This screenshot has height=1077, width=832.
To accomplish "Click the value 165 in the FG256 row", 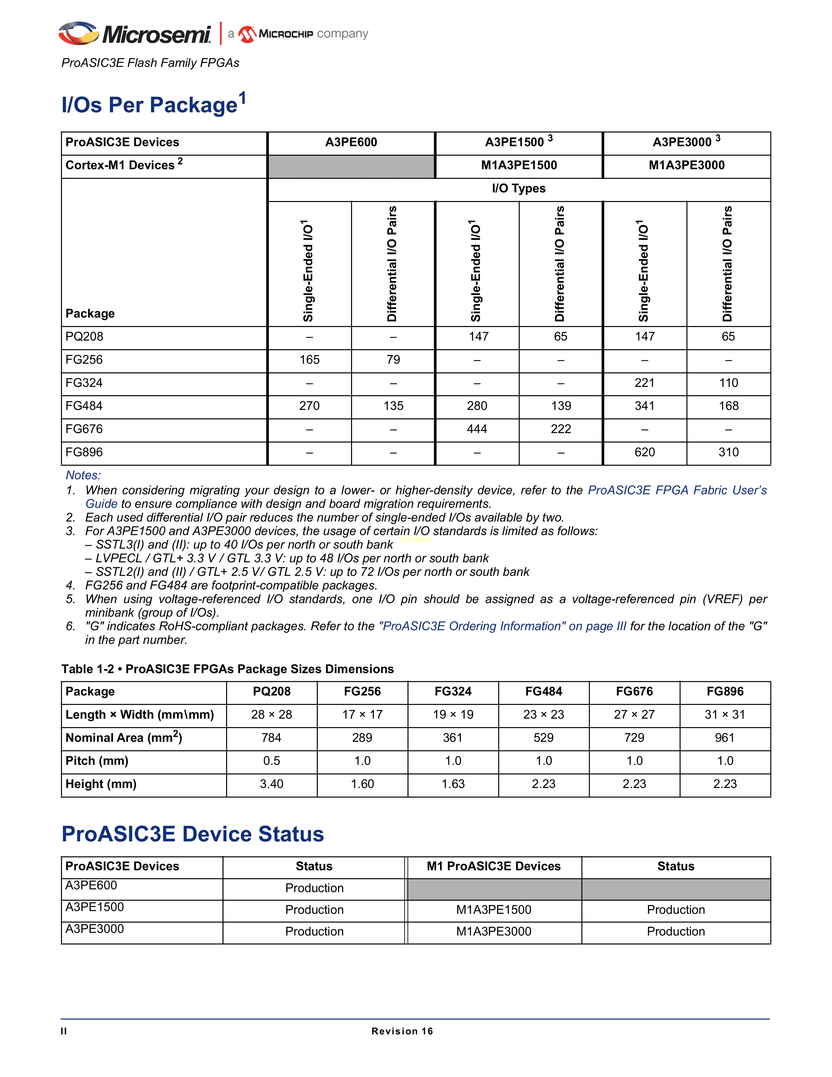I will coord(310,360).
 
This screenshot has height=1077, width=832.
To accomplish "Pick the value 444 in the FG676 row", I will coord(477,429).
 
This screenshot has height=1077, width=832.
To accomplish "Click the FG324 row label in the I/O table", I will coord(84,383).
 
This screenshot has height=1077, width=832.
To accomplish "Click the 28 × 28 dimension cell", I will coord(271,714).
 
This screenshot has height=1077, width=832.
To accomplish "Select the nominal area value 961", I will coord(725,738).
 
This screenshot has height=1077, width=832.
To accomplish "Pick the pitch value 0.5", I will coord(271,761).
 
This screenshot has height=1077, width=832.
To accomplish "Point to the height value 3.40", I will coord(271,784).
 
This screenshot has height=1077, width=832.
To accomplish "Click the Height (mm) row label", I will coord(101,784).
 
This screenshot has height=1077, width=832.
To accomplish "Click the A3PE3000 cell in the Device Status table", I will coord(95,929).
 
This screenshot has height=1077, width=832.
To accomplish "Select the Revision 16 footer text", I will coord(402,1031).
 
